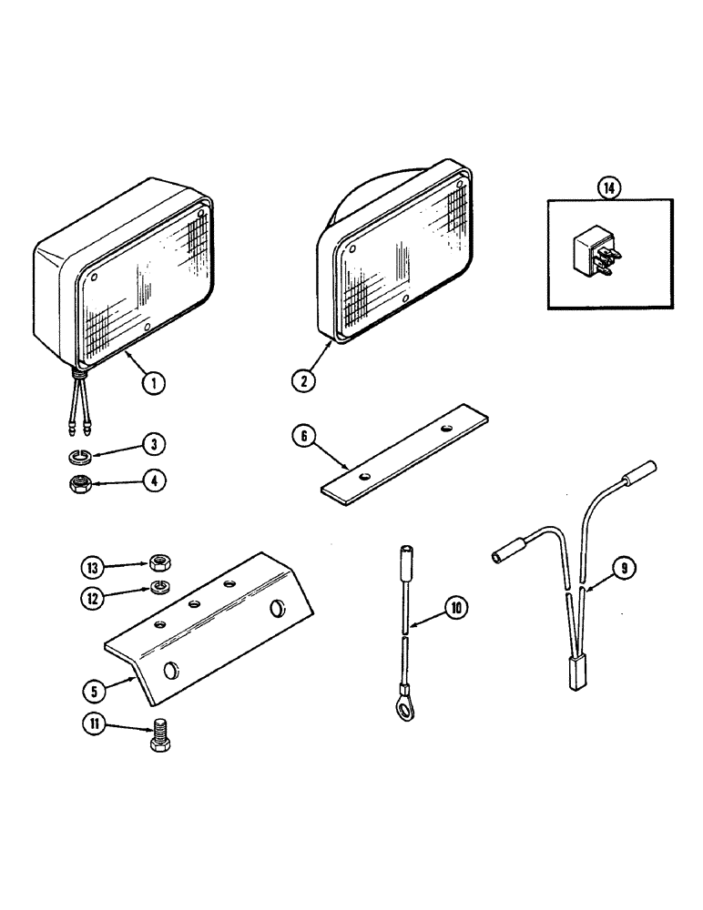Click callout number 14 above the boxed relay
point(607,188)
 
